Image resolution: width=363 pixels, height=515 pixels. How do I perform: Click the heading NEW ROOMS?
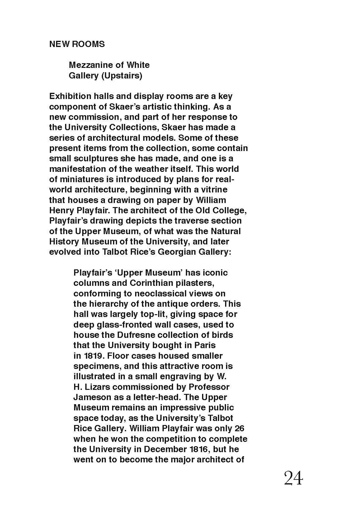pos(77,44)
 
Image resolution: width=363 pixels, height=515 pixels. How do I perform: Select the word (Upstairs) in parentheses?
pos(121,76)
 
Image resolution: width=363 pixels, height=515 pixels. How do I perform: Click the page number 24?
pos(293,478)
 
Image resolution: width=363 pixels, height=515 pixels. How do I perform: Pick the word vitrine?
pos(215,190)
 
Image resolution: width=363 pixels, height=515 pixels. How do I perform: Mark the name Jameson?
pos(88,397)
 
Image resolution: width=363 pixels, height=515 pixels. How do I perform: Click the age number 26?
pos(239,428)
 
